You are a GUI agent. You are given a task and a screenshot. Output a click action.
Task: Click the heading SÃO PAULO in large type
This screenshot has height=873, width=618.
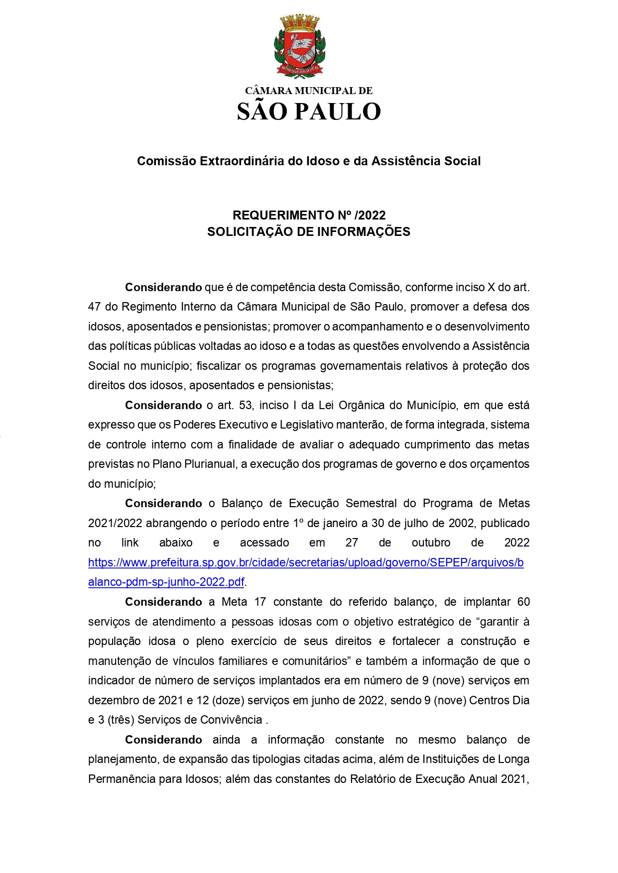309,112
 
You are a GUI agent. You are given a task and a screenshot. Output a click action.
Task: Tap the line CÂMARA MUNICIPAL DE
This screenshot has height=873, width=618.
309,91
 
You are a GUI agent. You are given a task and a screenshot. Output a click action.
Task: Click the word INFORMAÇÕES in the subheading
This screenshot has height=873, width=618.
364,231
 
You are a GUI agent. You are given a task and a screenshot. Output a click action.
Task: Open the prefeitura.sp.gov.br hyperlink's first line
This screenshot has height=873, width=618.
306,562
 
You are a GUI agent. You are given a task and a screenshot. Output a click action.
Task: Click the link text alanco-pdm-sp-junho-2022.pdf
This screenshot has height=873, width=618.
166,582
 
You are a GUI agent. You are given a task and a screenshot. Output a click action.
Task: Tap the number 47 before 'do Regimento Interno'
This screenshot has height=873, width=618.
95,307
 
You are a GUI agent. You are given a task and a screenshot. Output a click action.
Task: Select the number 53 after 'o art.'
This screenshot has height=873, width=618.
246,405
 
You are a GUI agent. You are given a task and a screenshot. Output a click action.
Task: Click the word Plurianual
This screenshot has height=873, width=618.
211,464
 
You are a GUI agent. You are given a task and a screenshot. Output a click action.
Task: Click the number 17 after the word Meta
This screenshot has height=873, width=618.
260,602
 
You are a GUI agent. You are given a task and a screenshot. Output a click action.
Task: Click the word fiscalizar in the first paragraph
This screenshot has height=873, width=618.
218,366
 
